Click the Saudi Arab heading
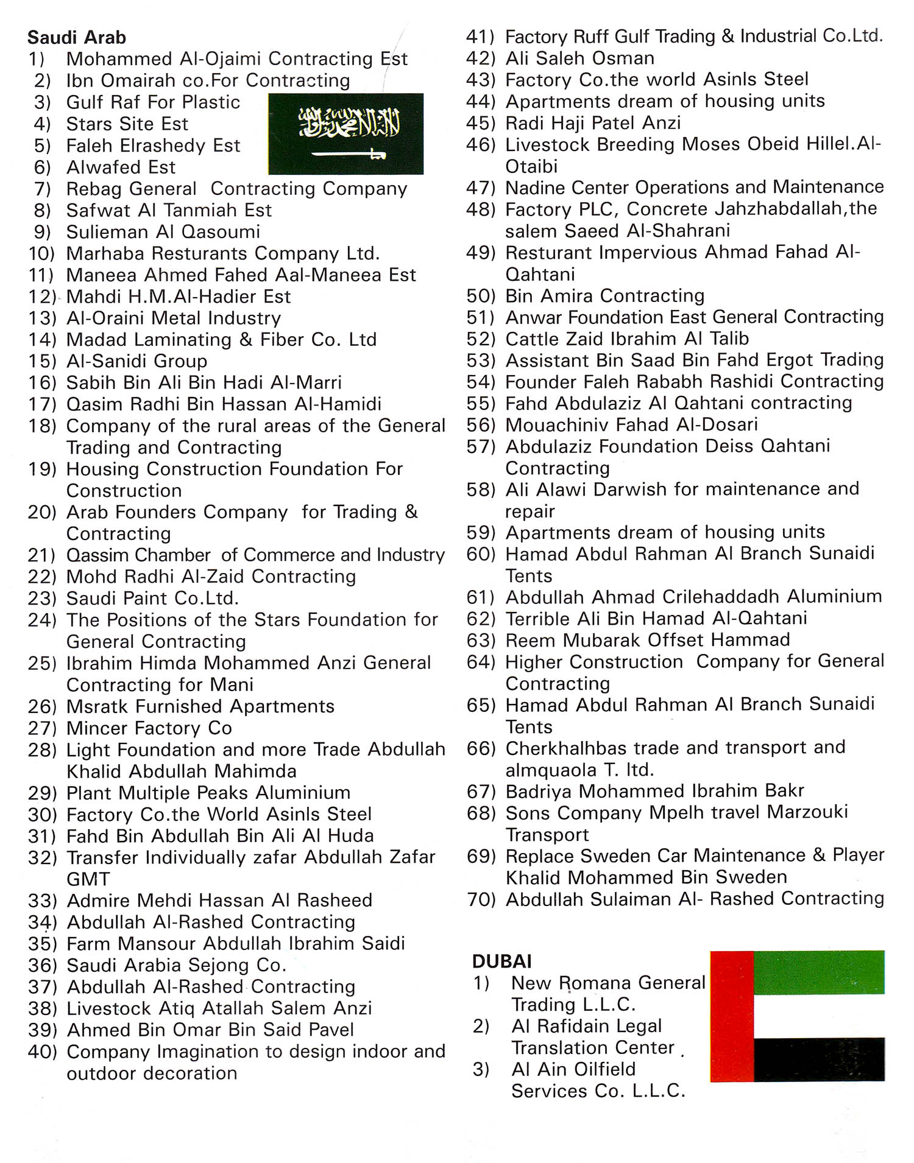point(77,38)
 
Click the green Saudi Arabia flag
point(345,134)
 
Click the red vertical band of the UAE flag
point(732,1016)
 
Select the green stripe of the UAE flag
point(818,972)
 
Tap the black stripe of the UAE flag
point(818,1059)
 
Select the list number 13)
point(43,318)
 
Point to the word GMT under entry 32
point(88,879)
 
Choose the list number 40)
point(43,1052)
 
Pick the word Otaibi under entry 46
point(531,166)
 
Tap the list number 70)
point(481,899)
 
